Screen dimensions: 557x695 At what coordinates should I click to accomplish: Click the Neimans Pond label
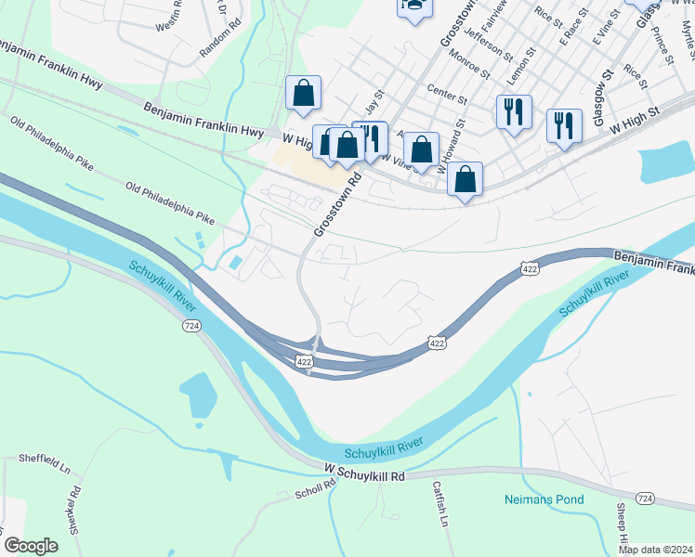pos(544,499)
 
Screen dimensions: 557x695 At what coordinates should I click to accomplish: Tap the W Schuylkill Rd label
pos(364,474)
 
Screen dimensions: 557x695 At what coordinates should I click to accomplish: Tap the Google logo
pos(31,546)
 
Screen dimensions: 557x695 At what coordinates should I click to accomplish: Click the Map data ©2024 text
pos(655,550)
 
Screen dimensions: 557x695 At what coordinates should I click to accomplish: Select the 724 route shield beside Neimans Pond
pos(647,499)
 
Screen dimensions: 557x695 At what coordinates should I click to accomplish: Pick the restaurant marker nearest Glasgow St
pos(564,124)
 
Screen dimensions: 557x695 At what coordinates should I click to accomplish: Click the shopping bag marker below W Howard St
pos(465,178)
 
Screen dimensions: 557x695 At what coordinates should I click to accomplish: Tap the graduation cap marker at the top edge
pos(414,6)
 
